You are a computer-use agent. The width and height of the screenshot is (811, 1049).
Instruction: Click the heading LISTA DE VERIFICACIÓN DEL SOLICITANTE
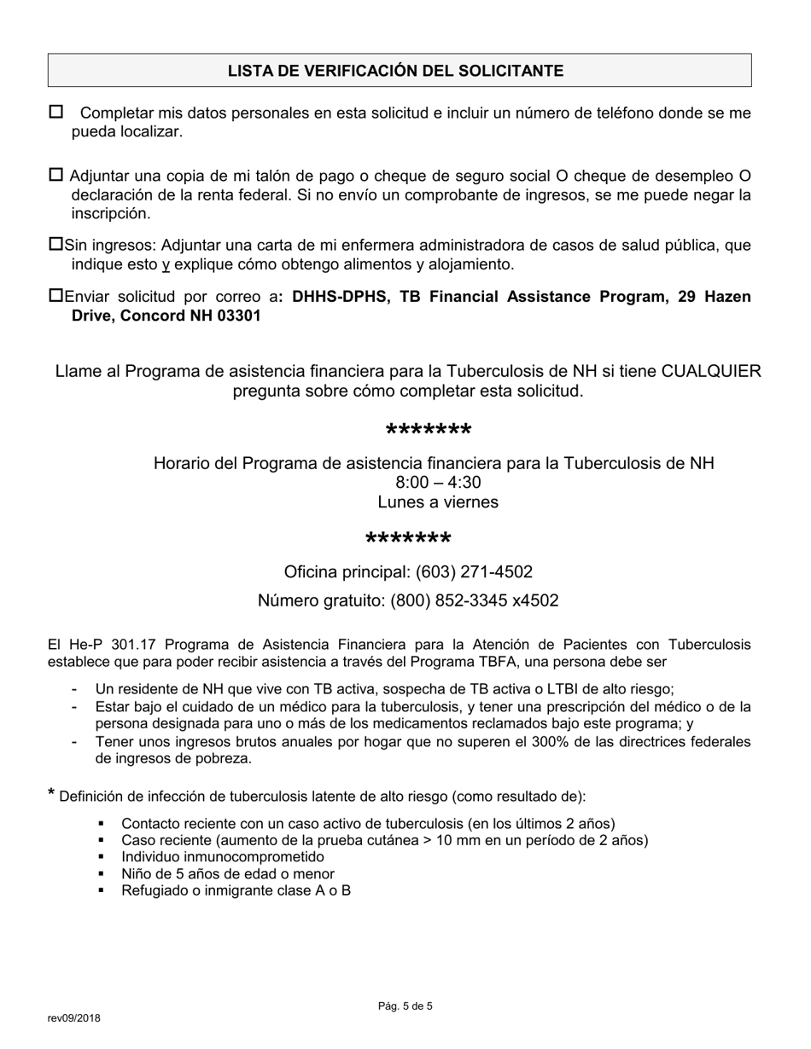[395, 71]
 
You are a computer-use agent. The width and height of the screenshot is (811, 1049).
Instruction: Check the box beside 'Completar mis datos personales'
[56, 112]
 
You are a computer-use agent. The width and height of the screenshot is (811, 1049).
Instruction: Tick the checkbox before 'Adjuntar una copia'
[56, 175]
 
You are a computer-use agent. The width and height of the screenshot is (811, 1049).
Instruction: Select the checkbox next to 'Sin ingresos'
[56, 245]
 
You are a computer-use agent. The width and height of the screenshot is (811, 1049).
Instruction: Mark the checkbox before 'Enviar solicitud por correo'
[56, 296]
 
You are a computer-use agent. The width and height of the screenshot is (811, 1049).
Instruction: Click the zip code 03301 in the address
[239, 316]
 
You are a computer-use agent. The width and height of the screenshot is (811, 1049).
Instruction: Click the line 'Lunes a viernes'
[438, 502]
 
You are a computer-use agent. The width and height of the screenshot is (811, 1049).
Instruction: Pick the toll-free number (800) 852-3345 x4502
[474, 600]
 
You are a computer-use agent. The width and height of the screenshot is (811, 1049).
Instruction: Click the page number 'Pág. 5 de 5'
[405, 1006]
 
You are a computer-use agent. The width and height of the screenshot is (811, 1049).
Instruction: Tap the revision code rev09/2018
[73, 1017]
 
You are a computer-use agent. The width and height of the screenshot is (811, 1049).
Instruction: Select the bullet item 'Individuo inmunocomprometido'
[223, 857]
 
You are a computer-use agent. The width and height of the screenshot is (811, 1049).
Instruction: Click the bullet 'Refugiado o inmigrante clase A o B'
[236, 891]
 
